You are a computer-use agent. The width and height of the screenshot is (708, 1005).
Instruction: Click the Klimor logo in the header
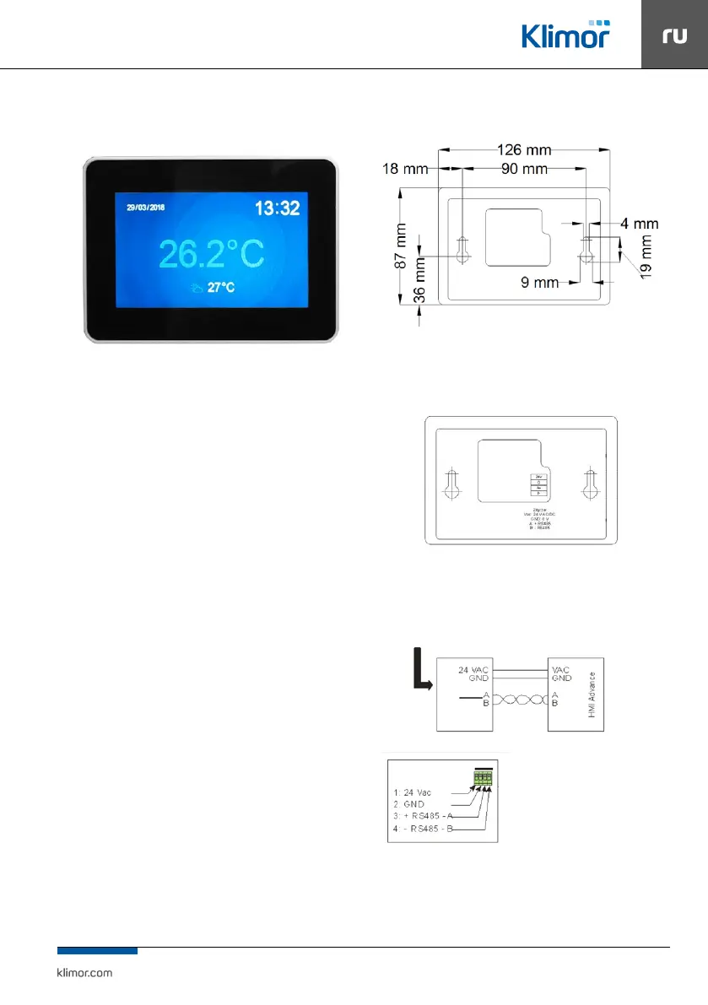(x=565, y=35)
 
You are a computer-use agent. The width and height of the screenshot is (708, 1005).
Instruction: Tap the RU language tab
(x=673, y=35)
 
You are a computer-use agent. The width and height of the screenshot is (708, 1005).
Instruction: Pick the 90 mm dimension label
(x=523, y=169)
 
